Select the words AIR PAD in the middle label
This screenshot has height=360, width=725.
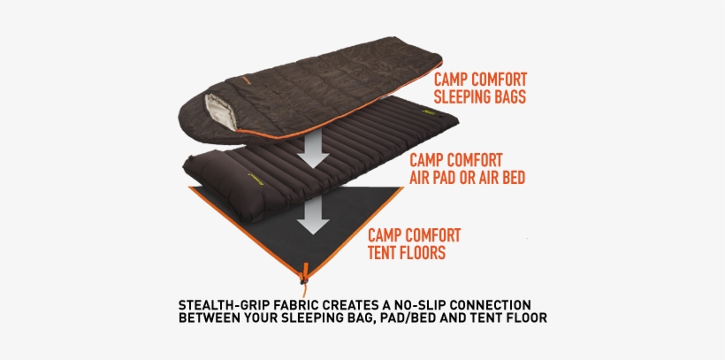tap(435, 177)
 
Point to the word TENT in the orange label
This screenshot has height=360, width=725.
tap(385, 253)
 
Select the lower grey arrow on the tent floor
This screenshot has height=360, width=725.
tap(312, 215)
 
